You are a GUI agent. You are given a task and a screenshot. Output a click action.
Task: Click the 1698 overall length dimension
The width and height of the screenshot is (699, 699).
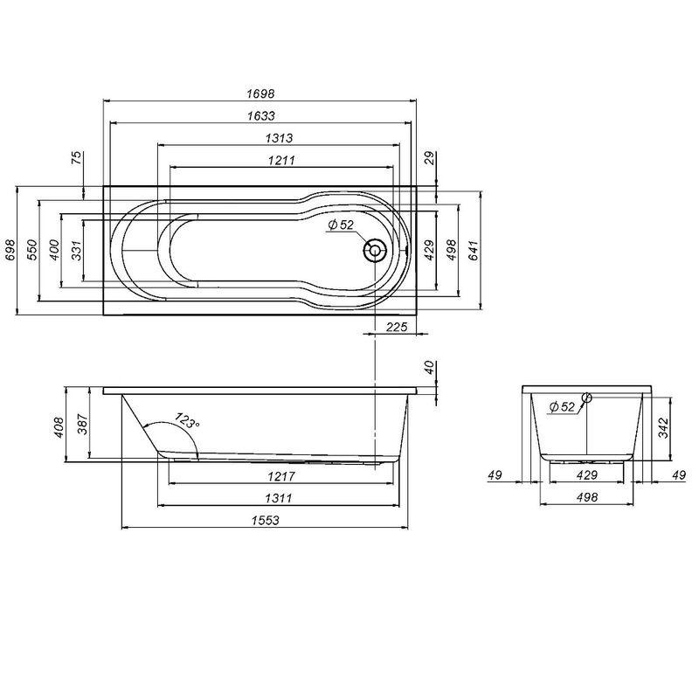(x=261, y=92)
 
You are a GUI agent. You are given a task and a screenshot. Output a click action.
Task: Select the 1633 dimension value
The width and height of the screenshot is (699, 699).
(x=261, y=114)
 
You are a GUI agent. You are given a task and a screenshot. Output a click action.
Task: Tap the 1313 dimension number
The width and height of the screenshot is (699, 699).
(x=279, y=138)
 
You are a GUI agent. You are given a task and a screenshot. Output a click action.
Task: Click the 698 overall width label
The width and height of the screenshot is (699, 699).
(x=10, y=251)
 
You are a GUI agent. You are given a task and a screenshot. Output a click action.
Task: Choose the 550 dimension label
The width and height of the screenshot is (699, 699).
(x=31, y=251)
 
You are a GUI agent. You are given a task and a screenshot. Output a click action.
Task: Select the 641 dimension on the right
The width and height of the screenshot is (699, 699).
(x=474, y=250)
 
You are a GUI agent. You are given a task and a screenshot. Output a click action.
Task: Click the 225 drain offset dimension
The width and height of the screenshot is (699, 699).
(x=397, y=327)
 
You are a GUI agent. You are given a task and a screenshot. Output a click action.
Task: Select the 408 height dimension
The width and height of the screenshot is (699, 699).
(x=59, y=426)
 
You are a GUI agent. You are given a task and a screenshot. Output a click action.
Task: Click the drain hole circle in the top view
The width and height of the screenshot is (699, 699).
(x=375, y=252)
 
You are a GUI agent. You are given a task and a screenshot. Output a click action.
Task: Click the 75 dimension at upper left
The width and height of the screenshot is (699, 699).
(x=76, y=158)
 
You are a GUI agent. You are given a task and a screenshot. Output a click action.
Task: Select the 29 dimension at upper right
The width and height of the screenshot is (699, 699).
(x=428, y=158)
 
